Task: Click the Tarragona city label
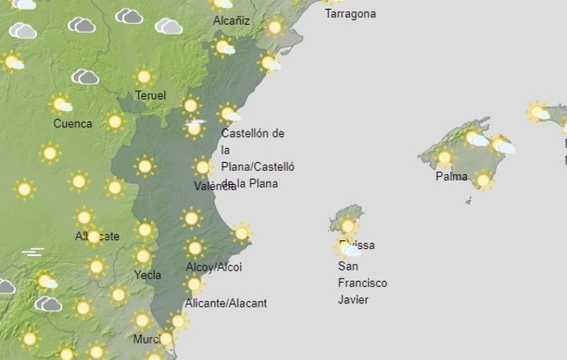350,14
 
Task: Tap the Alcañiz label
231,21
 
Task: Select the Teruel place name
150,96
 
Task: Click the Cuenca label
72,124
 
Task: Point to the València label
214,187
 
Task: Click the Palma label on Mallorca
452,176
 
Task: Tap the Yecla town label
147,275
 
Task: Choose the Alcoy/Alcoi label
214,267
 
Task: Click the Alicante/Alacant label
226,303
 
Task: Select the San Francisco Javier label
362,283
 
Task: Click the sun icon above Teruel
144,76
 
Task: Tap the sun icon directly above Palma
445,156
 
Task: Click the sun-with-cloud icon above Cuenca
61,104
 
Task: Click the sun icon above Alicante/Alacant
194,284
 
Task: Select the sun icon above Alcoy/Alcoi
195,247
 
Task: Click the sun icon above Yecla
143,256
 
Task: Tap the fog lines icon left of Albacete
33,252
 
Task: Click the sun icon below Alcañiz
223,47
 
